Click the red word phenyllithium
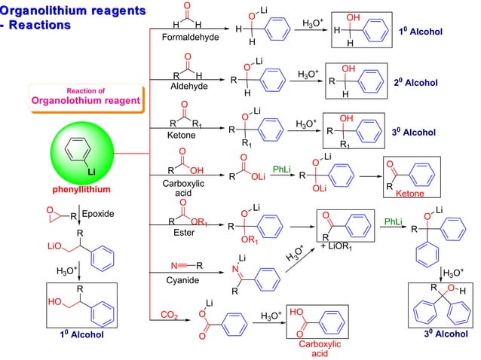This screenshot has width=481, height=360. [x=82, y=188]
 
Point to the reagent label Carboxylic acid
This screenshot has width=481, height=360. [x=182, y=188]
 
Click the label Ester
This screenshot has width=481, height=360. [x=179, y=233]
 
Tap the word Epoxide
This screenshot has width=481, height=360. [x=98, y=214]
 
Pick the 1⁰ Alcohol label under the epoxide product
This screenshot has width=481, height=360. [x=81, y=334]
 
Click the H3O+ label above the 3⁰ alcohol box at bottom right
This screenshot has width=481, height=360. [x=452, y=272]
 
